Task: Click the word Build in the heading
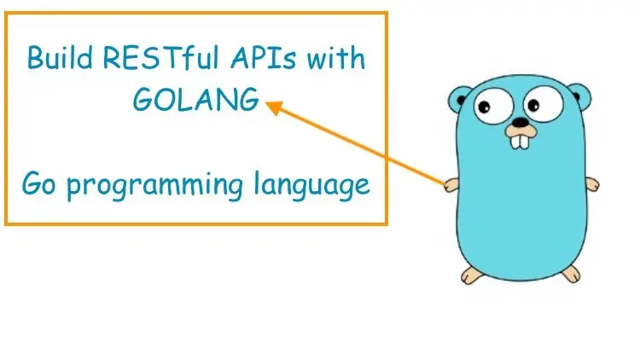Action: (60, 57)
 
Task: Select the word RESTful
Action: (160, 57)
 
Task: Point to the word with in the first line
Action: (336, 58)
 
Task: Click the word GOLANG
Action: (196, 100)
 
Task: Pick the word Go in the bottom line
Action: (38, 183)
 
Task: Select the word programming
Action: (155, 186)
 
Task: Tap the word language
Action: (311, 186)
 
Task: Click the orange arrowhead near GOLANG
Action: (274, 107)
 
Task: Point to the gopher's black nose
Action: (520, 122)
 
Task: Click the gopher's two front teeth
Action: (520, 141)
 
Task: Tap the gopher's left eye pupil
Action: (484, 107)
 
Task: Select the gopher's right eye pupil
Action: (533, 105)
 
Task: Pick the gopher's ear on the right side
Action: (580, 96)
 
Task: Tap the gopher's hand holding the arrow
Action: (451, 185)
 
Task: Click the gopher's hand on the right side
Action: (592, 184)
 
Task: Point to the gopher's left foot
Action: (472, 276)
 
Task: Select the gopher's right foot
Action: (571, 274)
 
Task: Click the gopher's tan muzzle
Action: (520, 131)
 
